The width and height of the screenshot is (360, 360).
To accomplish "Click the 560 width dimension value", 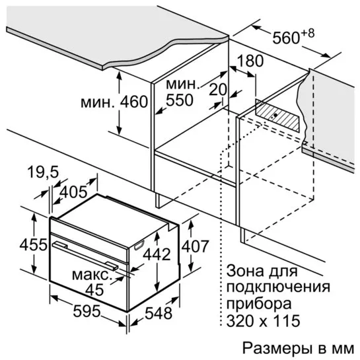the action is click(x=286, y=38).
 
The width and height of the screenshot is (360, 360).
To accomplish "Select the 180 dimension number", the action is click(x=250, y=61).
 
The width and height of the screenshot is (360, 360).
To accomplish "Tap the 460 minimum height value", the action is click(x=134, y=102).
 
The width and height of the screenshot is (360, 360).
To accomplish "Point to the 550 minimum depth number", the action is click(x=180, y=100).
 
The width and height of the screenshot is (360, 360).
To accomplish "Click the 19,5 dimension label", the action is click(x=43, y=172).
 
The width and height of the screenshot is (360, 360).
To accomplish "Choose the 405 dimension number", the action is click(x=73, y=192).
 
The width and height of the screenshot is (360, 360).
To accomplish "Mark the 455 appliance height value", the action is click(x=33, y=245).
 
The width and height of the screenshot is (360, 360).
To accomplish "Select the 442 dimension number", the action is click(x=157, y=254).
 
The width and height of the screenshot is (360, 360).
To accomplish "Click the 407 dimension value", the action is click(x=195, y=246).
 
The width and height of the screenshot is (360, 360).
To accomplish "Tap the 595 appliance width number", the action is click(x=87, y=311).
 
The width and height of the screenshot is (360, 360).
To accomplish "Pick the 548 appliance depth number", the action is click(x=159, y=313).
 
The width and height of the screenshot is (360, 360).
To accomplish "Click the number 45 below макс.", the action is click(x=94, y=289).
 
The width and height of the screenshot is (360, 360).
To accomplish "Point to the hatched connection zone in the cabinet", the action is click(x=277, y=116).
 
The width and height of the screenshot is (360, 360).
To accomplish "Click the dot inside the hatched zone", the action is click(x=275, y=115).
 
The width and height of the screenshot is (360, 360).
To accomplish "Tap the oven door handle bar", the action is click(x=85, y=255).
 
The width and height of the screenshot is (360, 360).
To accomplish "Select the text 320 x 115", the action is click(x=264, y=320).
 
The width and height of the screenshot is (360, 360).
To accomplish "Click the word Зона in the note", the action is click(x=245, y=271).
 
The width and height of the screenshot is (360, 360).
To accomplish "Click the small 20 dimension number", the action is click(x=218, y=89).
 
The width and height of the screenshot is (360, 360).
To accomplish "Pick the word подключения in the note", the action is click(x=279, y=287).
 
